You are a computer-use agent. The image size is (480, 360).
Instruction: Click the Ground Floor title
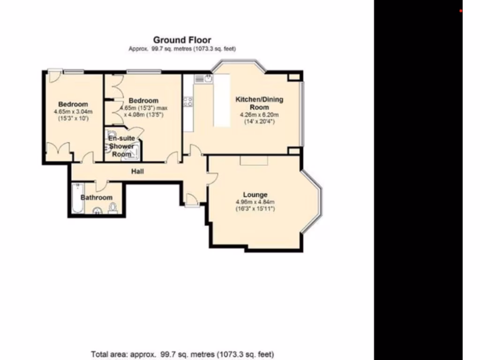(x=182, y=40)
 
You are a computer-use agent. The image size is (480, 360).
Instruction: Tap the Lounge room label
(x=255, y=195)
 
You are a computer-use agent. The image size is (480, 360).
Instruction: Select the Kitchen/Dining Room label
(x=259, y=103)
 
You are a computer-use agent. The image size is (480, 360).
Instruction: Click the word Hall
(x=137, y=172)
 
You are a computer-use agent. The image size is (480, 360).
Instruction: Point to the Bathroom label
(x=97, y=198)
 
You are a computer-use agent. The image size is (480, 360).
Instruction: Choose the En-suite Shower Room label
(x=121, y=146)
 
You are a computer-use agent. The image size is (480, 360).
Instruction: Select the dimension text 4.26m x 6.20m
(x=259, y=115)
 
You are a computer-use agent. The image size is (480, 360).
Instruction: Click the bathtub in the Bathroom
(x=76, y=199)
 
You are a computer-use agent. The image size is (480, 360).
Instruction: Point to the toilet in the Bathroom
(x=112, y=208)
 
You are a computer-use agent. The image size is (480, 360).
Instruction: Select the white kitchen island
(x=222, y=100)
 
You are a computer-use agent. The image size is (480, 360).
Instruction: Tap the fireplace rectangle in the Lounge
(x=254, y=160)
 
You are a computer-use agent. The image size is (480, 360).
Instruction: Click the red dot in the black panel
(x=461, y=11)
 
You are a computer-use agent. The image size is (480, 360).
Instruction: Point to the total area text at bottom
(x=182, y=354)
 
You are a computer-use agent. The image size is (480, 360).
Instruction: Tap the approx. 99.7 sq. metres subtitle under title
(x=182, y=49)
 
